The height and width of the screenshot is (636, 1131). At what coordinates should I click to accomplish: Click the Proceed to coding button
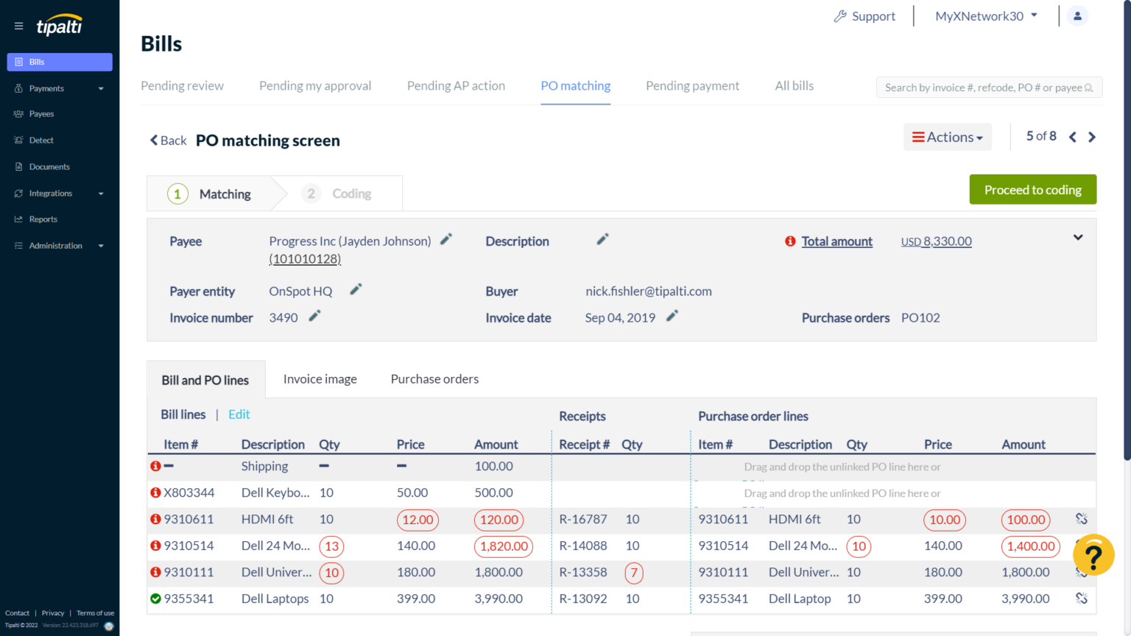click(x=1032, y=190)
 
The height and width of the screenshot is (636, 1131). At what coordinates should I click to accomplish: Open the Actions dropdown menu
click(x=947, y=138)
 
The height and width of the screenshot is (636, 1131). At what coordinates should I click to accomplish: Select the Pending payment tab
click(x=692, y=86)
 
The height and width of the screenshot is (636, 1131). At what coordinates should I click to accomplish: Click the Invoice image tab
click(x=320, y=379)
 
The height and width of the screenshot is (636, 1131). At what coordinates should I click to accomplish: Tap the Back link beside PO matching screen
click(x=169, y=141)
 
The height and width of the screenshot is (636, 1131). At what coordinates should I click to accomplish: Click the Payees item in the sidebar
click(x=41, y=114)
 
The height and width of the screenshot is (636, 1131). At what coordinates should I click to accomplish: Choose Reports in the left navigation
click(x=43, y=219)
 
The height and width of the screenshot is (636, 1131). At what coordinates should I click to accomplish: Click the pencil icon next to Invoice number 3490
click(x=314, y=317)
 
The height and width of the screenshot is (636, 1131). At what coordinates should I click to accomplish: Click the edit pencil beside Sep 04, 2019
click(x=672, y=317)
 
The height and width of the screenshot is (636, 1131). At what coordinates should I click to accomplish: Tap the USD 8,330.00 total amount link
click(x=936, y=241)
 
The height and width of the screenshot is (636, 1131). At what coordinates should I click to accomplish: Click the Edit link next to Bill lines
click(x=239, y=414)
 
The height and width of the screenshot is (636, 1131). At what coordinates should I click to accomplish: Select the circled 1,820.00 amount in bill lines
click(x=504, y=546)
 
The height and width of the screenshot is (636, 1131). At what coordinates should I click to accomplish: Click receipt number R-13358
click(x=582, y=573)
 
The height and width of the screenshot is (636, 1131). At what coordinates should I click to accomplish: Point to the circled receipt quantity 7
click(x=633, y=573)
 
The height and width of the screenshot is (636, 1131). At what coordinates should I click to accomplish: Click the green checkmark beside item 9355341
click(x=155, y=599)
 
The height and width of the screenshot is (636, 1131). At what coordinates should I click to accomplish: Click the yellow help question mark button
click(x=1093, y=555)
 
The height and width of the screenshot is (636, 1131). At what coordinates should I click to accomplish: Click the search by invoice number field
click(x=982, y=88)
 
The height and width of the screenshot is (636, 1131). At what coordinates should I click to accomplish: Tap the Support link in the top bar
click(x=864, y=16)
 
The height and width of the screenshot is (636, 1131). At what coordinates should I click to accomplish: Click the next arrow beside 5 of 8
click(x=1092, y=137)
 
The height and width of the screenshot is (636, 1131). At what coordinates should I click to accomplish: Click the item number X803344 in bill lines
click(x=189, y=493)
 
